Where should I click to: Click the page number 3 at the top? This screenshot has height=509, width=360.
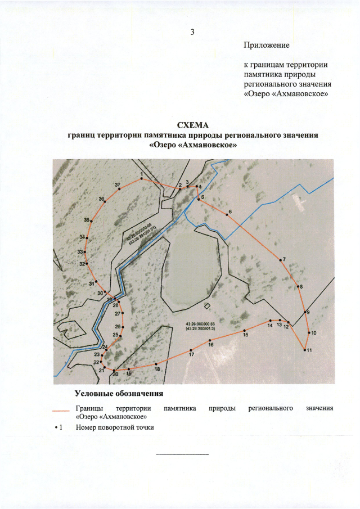coord(192,31)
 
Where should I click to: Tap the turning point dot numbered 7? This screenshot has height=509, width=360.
coord(280,260)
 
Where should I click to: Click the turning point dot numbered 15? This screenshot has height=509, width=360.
coord(245,330)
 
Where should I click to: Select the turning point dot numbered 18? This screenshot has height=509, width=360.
coord(156,364)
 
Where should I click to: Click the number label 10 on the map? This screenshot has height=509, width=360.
coord(313,333)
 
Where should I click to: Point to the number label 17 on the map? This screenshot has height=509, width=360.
coord(192,354)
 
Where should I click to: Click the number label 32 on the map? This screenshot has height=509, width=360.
coord(82,264)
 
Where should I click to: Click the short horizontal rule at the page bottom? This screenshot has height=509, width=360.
coord(182,454)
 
